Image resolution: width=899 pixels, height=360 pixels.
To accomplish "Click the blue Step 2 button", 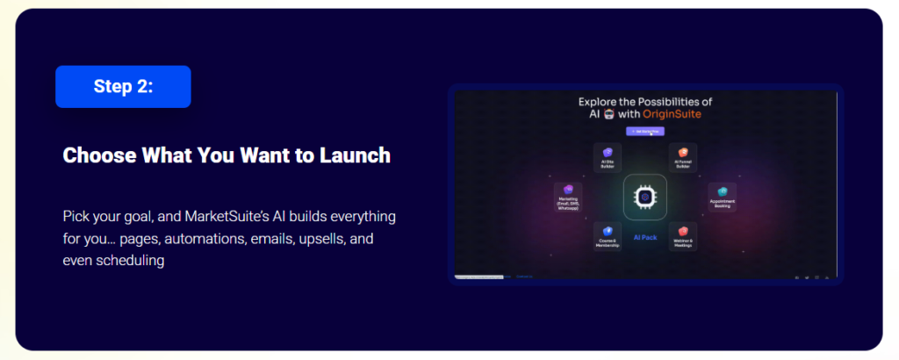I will [123, 86].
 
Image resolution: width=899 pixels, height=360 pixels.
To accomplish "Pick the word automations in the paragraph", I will [204, 238].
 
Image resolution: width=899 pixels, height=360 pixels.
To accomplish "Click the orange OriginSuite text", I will [670, 113].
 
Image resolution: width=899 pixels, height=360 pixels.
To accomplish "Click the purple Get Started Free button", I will [645, 131].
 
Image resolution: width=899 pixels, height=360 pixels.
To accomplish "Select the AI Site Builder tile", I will [608, 156].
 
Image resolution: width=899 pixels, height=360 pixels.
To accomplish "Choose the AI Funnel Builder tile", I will [682, 156].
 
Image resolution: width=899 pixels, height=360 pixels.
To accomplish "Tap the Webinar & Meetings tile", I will [682, 235].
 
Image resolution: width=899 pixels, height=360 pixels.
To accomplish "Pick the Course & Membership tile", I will [608, 235].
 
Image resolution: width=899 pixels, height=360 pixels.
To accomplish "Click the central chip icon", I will [645, 197].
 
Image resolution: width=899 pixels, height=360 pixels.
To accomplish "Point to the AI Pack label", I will [645, 236].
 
